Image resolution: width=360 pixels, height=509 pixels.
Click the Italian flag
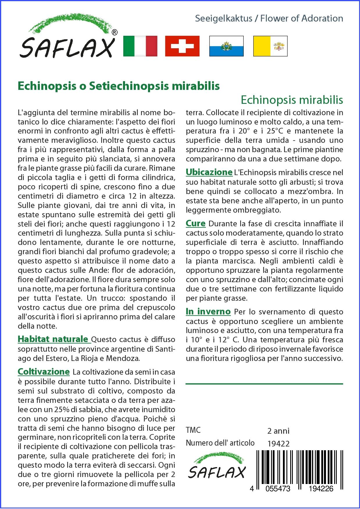(x=140, y=46)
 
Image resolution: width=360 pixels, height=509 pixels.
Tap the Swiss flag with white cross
(x=182, y=46)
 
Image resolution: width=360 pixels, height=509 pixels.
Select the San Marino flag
(x=226, y=46)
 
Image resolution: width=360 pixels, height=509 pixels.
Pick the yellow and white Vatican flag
(x=270, y=46)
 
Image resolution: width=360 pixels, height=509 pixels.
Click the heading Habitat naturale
(x=53, y=339)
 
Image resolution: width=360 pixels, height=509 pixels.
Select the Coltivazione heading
(x=44, y=372)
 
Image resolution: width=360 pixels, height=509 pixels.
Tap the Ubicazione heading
(x=209, y=172)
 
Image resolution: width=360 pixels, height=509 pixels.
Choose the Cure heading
(x=195, y=224)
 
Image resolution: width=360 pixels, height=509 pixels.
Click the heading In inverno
(x=208, y=312)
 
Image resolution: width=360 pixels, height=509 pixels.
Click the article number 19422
(x=278, y=444)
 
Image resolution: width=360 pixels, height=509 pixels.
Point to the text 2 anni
(x=278, y=431)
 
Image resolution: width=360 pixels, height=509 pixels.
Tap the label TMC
(x=193, y=430)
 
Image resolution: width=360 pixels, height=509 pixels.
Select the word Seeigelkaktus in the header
(x=223, y=19)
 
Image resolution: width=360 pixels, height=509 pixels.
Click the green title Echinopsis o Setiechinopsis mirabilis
(x=119, y=86)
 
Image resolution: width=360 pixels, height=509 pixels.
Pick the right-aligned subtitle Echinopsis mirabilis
(x=292, y=100)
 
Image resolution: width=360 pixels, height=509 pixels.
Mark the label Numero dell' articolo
(x=220, y=443)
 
